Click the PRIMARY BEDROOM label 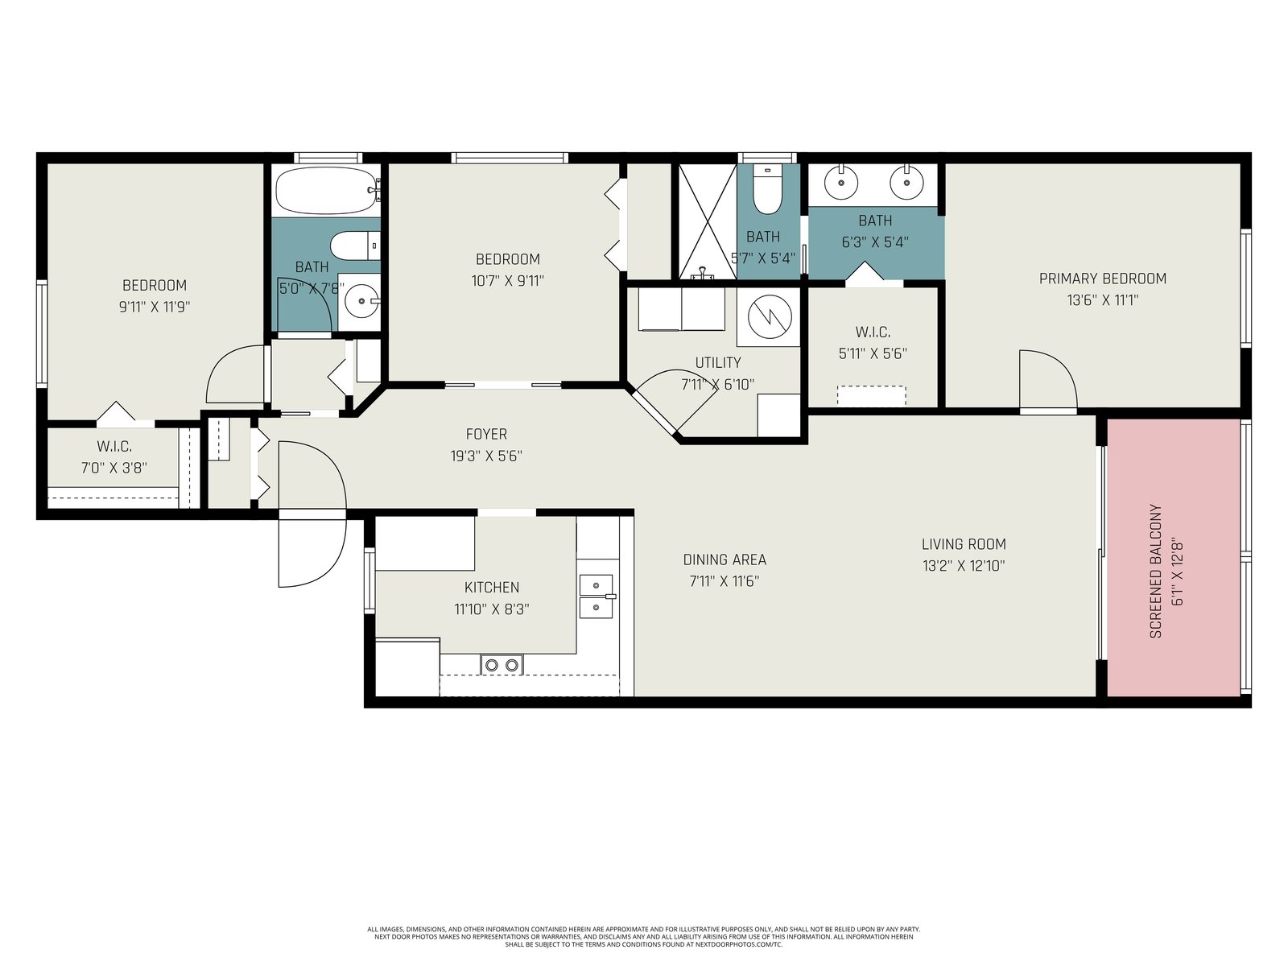(1103, 279)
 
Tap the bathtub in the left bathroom (326, 191)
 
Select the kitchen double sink (597, 597)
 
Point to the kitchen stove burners (502, 665)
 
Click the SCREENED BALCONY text (1155, 572)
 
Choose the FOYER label (486, 434)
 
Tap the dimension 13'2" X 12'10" (964, 566)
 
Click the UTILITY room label (717, 362)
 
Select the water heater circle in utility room (770, 316)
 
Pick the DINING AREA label (724, 559)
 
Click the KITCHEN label (492, 587)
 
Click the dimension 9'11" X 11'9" (155, 307)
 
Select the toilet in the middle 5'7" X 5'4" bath (767, 190)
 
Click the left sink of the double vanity (841, 183)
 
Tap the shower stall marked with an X (707, 221)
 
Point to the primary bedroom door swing (1048, 379)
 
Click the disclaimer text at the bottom (644, 936)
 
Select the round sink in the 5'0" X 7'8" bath (361, 301)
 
